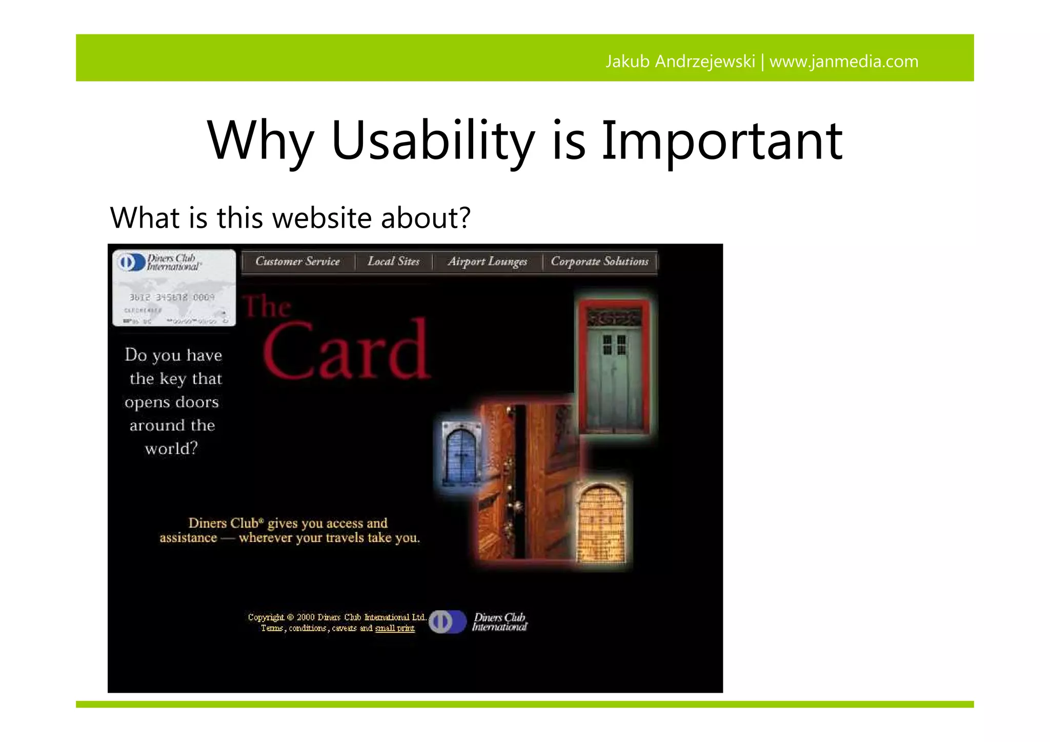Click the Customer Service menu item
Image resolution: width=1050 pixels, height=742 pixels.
pos(297,262)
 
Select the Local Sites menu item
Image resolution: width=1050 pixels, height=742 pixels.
pos(393,262)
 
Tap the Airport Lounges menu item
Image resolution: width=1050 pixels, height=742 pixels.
pos(487,262)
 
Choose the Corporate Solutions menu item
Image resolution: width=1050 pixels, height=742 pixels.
pos(599,262)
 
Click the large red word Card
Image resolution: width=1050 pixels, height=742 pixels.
pos(347,350)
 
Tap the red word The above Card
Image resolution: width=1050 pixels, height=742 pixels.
pos(267,307)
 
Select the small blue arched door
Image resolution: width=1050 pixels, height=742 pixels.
pos(459,454)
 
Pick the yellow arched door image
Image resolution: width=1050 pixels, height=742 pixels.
pos(601,524)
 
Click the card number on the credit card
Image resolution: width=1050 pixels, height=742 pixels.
pos(171,297)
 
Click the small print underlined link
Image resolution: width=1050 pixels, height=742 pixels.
pos(394,628)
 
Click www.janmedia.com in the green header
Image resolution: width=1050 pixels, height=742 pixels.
pos(843,62)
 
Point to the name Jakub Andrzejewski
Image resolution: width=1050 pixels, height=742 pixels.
pos(680,62)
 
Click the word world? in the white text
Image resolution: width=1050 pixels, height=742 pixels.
pos(171,449)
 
